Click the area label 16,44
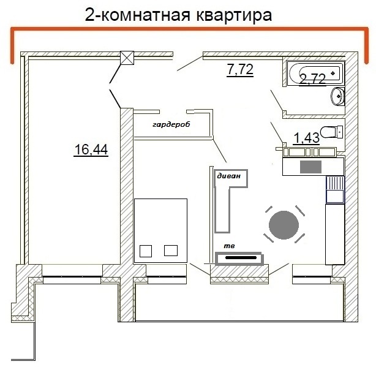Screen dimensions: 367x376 click(91, 149)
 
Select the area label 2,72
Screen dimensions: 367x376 click(312, 79)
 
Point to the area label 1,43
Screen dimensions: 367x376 click(306, 138)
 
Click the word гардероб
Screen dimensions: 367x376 click(171, 124)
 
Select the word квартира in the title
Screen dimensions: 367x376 click(225, 15)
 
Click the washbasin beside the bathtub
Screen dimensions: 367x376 click(337, 96)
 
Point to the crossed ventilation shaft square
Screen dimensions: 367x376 click(127, 58)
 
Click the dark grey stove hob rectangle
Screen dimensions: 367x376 click(310, 166)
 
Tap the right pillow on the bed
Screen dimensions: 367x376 click(171, 249)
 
